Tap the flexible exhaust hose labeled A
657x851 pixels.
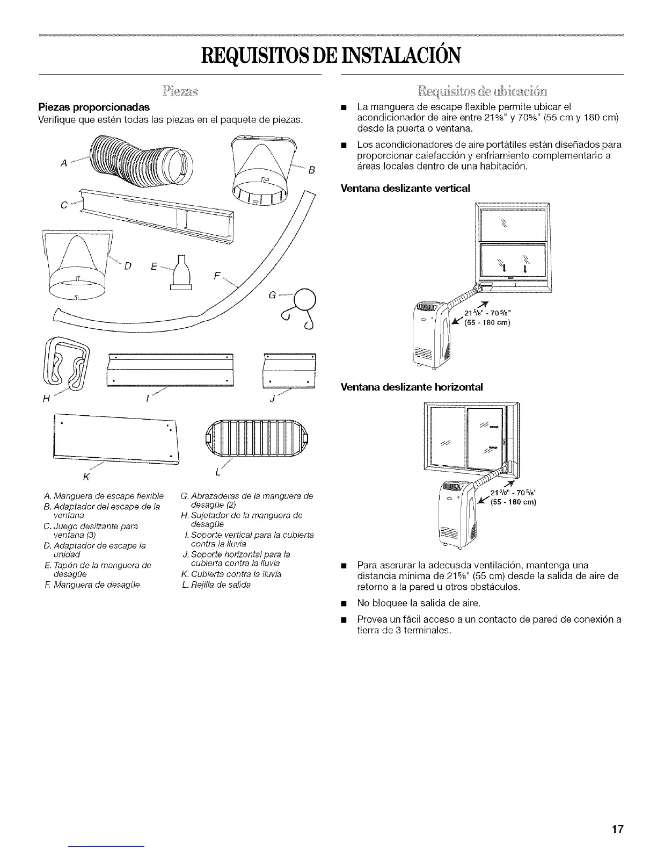139,162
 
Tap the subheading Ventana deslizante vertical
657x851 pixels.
405,188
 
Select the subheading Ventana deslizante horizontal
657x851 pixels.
412,387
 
